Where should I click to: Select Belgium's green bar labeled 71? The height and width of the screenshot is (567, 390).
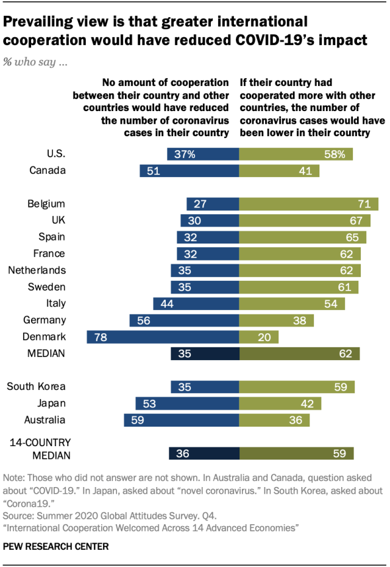tap(308, 204)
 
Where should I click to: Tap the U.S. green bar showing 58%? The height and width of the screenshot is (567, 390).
tap(296, 154)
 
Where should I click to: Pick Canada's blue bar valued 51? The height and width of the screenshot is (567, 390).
tap(189, 171)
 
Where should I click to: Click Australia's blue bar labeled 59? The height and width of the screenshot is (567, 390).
tap(181, 420)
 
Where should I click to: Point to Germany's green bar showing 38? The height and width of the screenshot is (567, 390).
tap(276, 320)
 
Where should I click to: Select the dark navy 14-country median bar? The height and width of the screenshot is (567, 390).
tap(204, 453)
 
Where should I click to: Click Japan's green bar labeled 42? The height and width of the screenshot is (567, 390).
tap(280, 403)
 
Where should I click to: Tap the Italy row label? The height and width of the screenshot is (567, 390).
tap(55, 303)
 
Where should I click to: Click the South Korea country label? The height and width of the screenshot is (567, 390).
tap(36, 386)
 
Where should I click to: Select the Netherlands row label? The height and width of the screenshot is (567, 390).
tap(37, 270)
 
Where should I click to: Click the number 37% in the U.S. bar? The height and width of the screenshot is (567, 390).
tap(184, 154)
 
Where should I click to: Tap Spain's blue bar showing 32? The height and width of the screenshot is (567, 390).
tap(208, 237)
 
